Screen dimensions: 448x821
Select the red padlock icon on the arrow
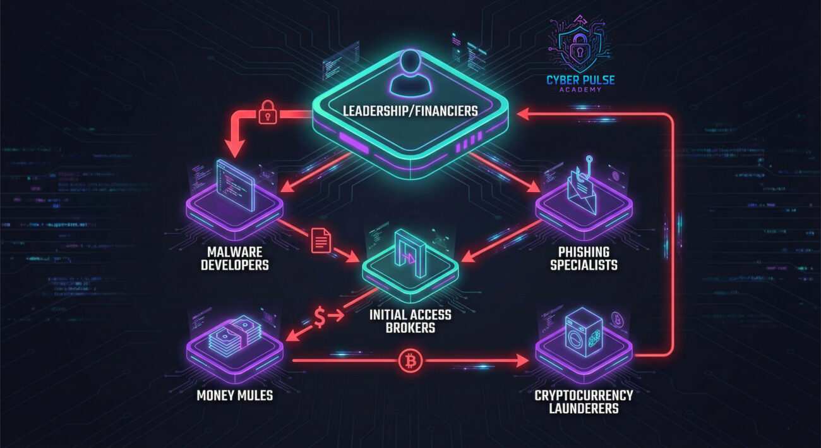268,114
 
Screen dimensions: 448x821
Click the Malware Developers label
235,257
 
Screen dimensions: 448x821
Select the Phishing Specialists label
584,257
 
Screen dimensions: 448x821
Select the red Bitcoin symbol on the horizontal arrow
411,361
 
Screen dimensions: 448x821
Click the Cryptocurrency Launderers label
584,401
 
